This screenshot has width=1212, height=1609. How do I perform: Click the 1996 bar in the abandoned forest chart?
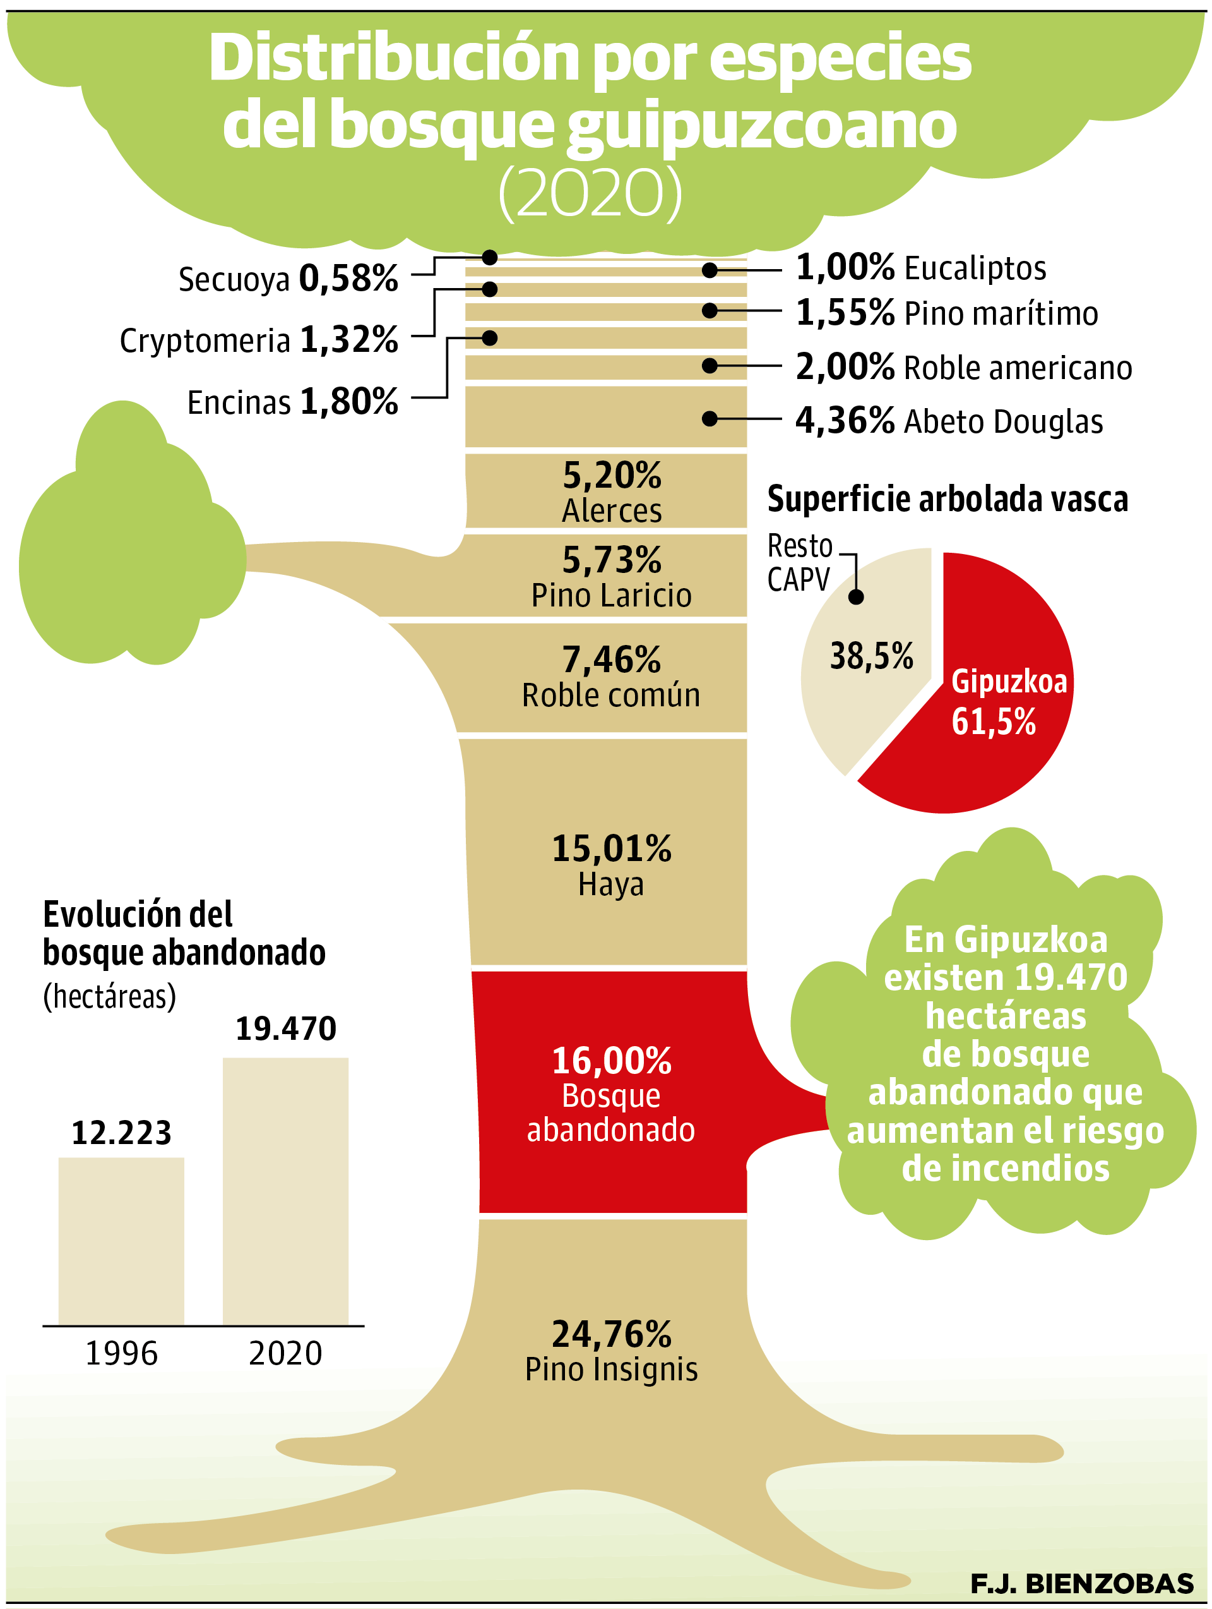tap(121, 1239)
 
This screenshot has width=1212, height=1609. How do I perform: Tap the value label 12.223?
tap(121, 1132)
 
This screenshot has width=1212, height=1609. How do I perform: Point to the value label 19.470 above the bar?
tap(286, 1028)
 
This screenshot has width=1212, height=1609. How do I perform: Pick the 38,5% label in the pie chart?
tap(871, 656)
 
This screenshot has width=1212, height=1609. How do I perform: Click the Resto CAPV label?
tap(799, 563)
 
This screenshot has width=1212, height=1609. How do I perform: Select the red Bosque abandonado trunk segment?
tap(610, 1091)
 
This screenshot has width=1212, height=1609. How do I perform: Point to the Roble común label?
tap(610, 696)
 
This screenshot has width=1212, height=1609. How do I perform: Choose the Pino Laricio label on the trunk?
tap(610, 596)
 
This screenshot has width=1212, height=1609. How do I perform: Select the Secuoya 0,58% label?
tap(288, 279)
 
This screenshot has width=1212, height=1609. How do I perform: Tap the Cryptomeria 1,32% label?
tap(259, 340)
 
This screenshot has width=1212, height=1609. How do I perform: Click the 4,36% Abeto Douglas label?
tap(949, 421)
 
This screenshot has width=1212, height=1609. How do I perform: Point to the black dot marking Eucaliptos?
tap(710, 270)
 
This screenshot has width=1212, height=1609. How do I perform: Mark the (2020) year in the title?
tap(590, 193)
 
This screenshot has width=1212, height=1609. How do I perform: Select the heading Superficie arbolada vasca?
tap(948, 499)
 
